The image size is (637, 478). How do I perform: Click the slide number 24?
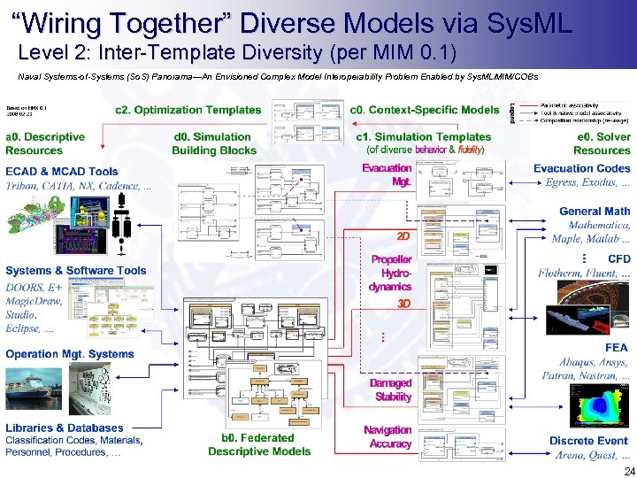[x=628, y=470]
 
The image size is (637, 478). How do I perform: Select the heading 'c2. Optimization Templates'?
[x=188, y=111]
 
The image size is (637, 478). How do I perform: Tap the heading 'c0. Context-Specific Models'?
[x=425, y=111]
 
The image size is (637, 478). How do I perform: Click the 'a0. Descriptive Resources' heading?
[x=45, y=143]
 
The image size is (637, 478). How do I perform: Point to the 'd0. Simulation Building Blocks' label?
[x=211, y=143]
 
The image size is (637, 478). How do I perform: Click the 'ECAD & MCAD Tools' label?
[x=61, y=172]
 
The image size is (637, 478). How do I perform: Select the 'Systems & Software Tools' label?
[x=76, y=271]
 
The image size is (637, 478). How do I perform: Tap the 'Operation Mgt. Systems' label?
[x=70, y=354]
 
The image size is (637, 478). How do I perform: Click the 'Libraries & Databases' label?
[x=65, y=428]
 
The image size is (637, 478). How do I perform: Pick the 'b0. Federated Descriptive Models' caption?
[x=259, y=444]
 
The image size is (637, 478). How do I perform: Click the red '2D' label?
[x=403, y=237]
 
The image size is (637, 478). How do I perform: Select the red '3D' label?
[x=403, y=304]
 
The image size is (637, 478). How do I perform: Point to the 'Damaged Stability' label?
[x=390, y=390]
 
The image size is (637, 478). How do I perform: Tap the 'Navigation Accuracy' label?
[x=388, y=437]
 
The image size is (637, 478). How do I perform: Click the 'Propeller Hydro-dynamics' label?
[x=390, y=273]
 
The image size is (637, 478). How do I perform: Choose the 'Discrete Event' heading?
[x=589, y=441]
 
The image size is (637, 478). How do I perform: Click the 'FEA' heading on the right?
[x=616, y=348]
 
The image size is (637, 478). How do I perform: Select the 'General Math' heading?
[x=595, y=212]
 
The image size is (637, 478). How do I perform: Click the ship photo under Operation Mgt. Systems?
[x=40, y=388]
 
